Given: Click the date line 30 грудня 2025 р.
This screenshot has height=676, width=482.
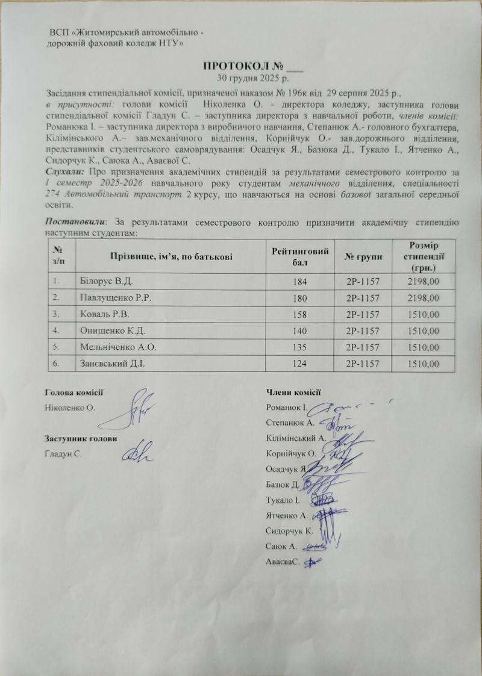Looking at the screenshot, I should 252,78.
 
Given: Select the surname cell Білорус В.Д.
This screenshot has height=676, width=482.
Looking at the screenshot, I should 105,280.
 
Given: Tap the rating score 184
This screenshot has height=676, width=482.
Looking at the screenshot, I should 299,281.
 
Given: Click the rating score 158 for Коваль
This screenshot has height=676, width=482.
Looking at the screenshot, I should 299,314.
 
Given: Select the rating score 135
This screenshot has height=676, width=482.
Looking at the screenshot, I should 299,347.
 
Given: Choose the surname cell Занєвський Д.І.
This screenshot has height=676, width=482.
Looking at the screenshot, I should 112,363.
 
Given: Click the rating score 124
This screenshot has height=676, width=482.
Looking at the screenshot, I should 299,363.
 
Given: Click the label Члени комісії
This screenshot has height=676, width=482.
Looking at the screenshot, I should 292,392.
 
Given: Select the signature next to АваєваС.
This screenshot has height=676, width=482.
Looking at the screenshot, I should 312,562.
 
